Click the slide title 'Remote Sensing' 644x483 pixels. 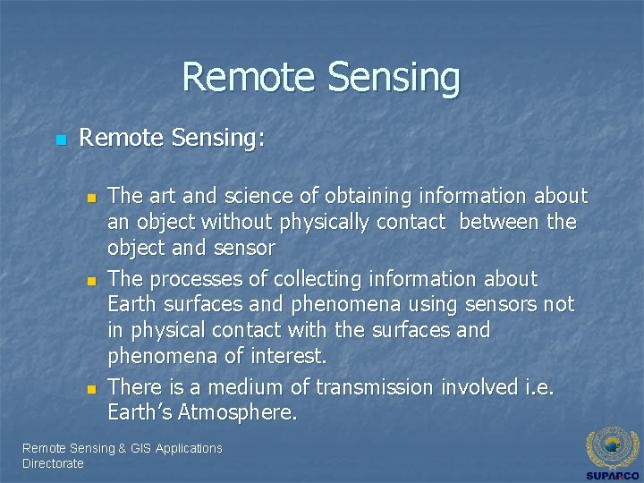[321, 78]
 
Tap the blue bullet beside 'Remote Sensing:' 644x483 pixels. [61, 140]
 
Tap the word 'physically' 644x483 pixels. [320, 222]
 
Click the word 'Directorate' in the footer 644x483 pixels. [53, 463]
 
